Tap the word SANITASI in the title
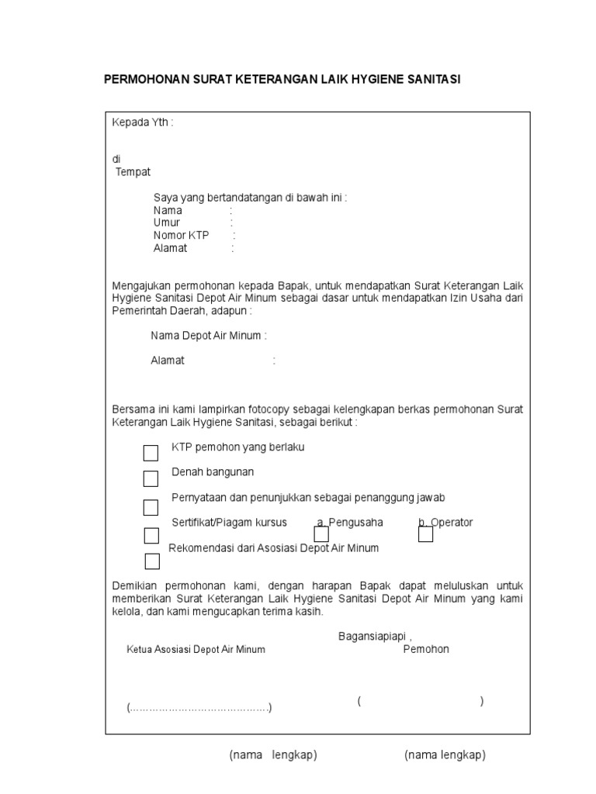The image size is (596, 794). pos(431,79)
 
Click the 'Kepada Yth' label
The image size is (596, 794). pos(143,123)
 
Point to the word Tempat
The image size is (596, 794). pos(133,171)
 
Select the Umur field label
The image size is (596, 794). pos(167,223)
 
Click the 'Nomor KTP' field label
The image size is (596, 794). pos(182,235)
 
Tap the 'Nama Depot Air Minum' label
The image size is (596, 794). pos(208,336)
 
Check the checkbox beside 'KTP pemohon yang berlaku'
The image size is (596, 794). pos(151,453)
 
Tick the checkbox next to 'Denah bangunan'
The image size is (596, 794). pos(151,478)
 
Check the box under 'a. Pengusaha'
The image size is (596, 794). pos(321,535)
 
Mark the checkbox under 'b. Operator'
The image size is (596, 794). pos(425,535)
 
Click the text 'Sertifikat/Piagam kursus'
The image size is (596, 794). pos(230,522)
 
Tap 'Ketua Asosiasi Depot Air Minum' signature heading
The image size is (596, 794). pos(196,649)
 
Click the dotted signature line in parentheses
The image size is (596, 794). pos(199,708)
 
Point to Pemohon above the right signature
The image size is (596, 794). pos(426,649)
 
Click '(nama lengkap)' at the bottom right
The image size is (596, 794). pos(445,755)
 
